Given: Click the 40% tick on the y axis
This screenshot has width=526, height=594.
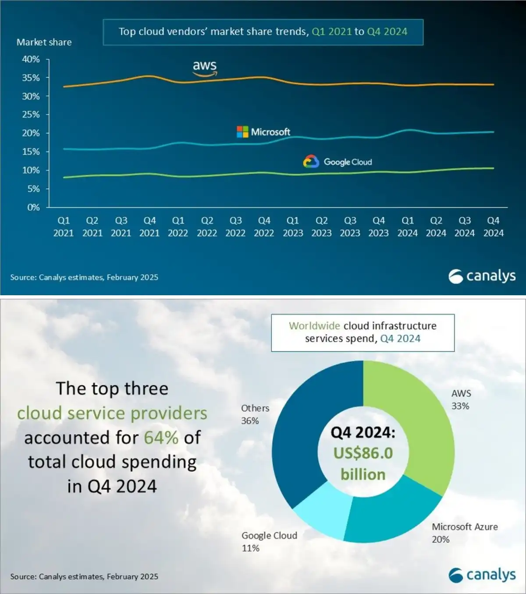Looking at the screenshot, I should pos(31,59).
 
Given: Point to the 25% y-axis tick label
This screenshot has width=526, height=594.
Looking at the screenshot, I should pos(31,115).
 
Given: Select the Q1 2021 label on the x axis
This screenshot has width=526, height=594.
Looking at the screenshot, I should pos(64,226).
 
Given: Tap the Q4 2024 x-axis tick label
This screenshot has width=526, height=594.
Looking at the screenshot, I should pos(493,226).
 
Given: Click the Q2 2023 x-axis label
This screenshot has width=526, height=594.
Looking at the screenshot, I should pos(321,226).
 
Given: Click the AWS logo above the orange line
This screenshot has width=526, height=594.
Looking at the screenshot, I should pos(205,67).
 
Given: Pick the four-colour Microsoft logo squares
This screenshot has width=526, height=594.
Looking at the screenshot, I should pos(242,132).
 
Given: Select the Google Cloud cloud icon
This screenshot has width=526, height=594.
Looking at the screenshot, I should pos(311,162).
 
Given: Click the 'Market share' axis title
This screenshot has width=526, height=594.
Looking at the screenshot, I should pos(44,42).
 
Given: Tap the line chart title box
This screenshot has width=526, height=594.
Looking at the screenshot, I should pos(263,32).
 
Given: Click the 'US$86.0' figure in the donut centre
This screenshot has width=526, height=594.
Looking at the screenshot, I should pos(363,453).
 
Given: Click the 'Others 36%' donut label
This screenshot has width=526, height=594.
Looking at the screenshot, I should pos(255,414).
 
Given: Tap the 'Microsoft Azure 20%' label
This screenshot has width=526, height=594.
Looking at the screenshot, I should pos(465,533).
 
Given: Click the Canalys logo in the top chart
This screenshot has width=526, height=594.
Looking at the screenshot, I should pos(482,276).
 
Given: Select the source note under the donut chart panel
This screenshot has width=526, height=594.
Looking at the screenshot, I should pos(84,576).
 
